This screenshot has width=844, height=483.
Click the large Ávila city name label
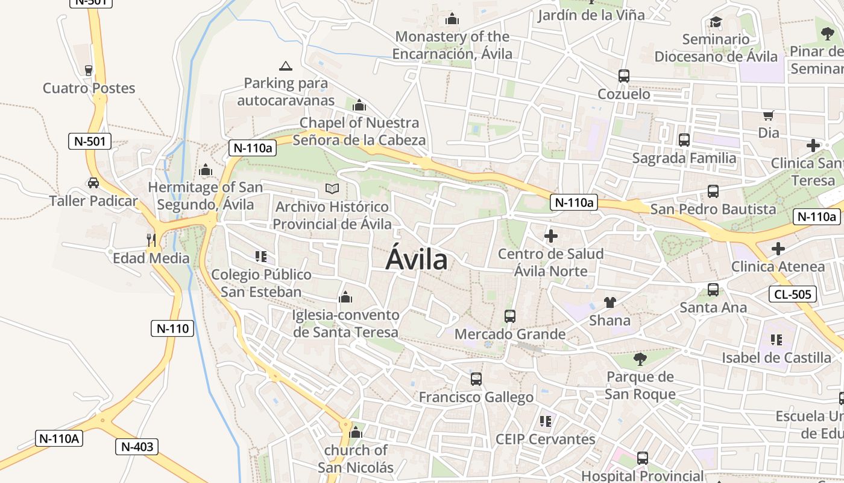point(417,260)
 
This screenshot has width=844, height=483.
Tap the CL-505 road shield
point(793,294)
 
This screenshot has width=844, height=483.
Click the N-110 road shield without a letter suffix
point(172,328)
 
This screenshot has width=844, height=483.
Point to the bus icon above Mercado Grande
point(510,316)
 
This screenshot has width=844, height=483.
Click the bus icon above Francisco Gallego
point(476,379)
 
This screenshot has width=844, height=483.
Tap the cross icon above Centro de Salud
point(550,236)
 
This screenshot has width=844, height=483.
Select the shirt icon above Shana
point(609,302)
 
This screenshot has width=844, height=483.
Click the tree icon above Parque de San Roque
point(640,359)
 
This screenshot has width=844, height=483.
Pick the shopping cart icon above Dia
point(768,115)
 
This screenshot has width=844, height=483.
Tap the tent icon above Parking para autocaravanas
point(286,65)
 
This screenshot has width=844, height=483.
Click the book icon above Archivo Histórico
point(332,188)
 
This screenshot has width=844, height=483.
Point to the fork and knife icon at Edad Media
point(151,240)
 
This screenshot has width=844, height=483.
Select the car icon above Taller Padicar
point(93,182)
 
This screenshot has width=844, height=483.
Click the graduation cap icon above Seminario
point(716,22)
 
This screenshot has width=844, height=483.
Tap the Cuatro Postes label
point(89,88)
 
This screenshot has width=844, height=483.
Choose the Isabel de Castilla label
point(776,357)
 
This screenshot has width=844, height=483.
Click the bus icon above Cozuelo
point(624,76)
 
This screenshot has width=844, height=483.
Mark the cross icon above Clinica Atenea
point(778,248)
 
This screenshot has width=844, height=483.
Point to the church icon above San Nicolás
point(356,432)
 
